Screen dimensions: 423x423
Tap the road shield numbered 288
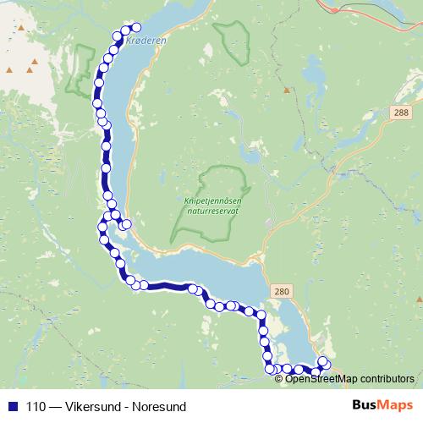(x=400, y=112)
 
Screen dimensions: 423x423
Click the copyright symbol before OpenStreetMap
(x=280, y=378)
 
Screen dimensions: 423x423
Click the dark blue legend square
(x=14, y=405)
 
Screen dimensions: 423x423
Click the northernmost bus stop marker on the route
(x=135, y=27)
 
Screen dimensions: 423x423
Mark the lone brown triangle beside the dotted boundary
(x=287, y=89)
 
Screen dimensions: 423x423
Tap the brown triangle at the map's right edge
(x=419, y=299)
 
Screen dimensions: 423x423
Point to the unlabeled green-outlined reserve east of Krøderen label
(x=230, y=40)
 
